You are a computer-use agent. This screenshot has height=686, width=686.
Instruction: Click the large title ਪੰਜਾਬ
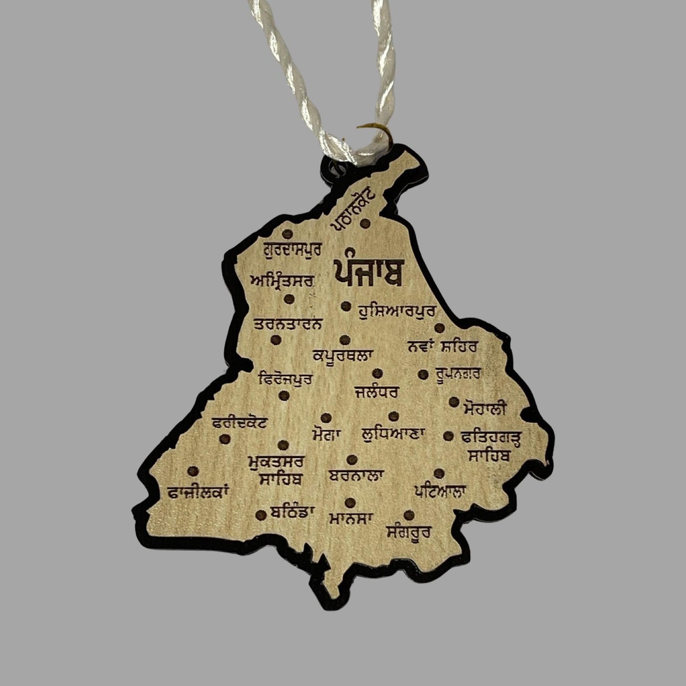(368, 271)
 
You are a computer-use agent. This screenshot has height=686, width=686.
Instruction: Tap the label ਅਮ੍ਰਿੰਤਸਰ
(282, 279)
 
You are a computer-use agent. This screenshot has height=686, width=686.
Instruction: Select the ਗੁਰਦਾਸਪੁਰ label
(292, 248)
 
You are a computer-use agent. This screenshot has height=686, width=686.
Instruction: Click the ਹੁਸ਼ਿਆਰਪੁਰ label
(396, 311)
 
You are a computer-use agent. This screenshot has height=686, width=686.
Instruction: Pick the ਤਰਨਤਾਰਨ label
(288, 324)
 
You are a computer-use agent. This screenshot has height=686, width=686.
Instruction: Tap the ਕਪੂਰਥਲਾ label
(343, 354)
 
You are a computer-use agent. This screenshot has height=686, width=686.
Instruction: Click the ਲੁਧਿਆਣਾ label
(393, 435)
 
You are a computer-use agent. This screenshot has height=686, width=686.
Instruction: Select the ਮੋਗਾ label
(326, 435)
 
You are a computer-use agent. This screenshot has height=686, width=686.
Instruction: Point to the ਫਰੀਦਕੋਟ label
(240, 422)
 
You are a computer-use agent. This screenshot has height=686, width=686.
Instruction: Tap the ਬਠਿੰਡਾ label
(292, 511)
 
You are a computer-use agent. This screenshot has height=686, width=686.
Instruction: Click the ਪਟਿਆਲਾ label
(440, 490)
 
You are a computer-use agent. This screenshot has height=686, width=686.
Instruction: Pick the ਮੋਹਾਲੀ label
(485, 407)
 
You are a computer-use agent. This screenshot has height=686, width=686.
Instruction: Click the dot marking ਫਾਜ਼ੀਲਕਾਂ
(193, 471)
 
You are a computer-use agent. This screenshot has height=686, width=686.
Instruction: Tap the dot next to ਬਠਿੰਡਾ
(260, 514)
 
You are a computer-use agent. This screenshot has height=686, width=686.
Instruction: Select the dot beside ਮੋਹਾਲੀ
(454, 401)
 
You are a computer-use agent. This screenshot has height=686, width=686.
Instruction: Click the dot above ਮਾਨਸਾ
(350, 502)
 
